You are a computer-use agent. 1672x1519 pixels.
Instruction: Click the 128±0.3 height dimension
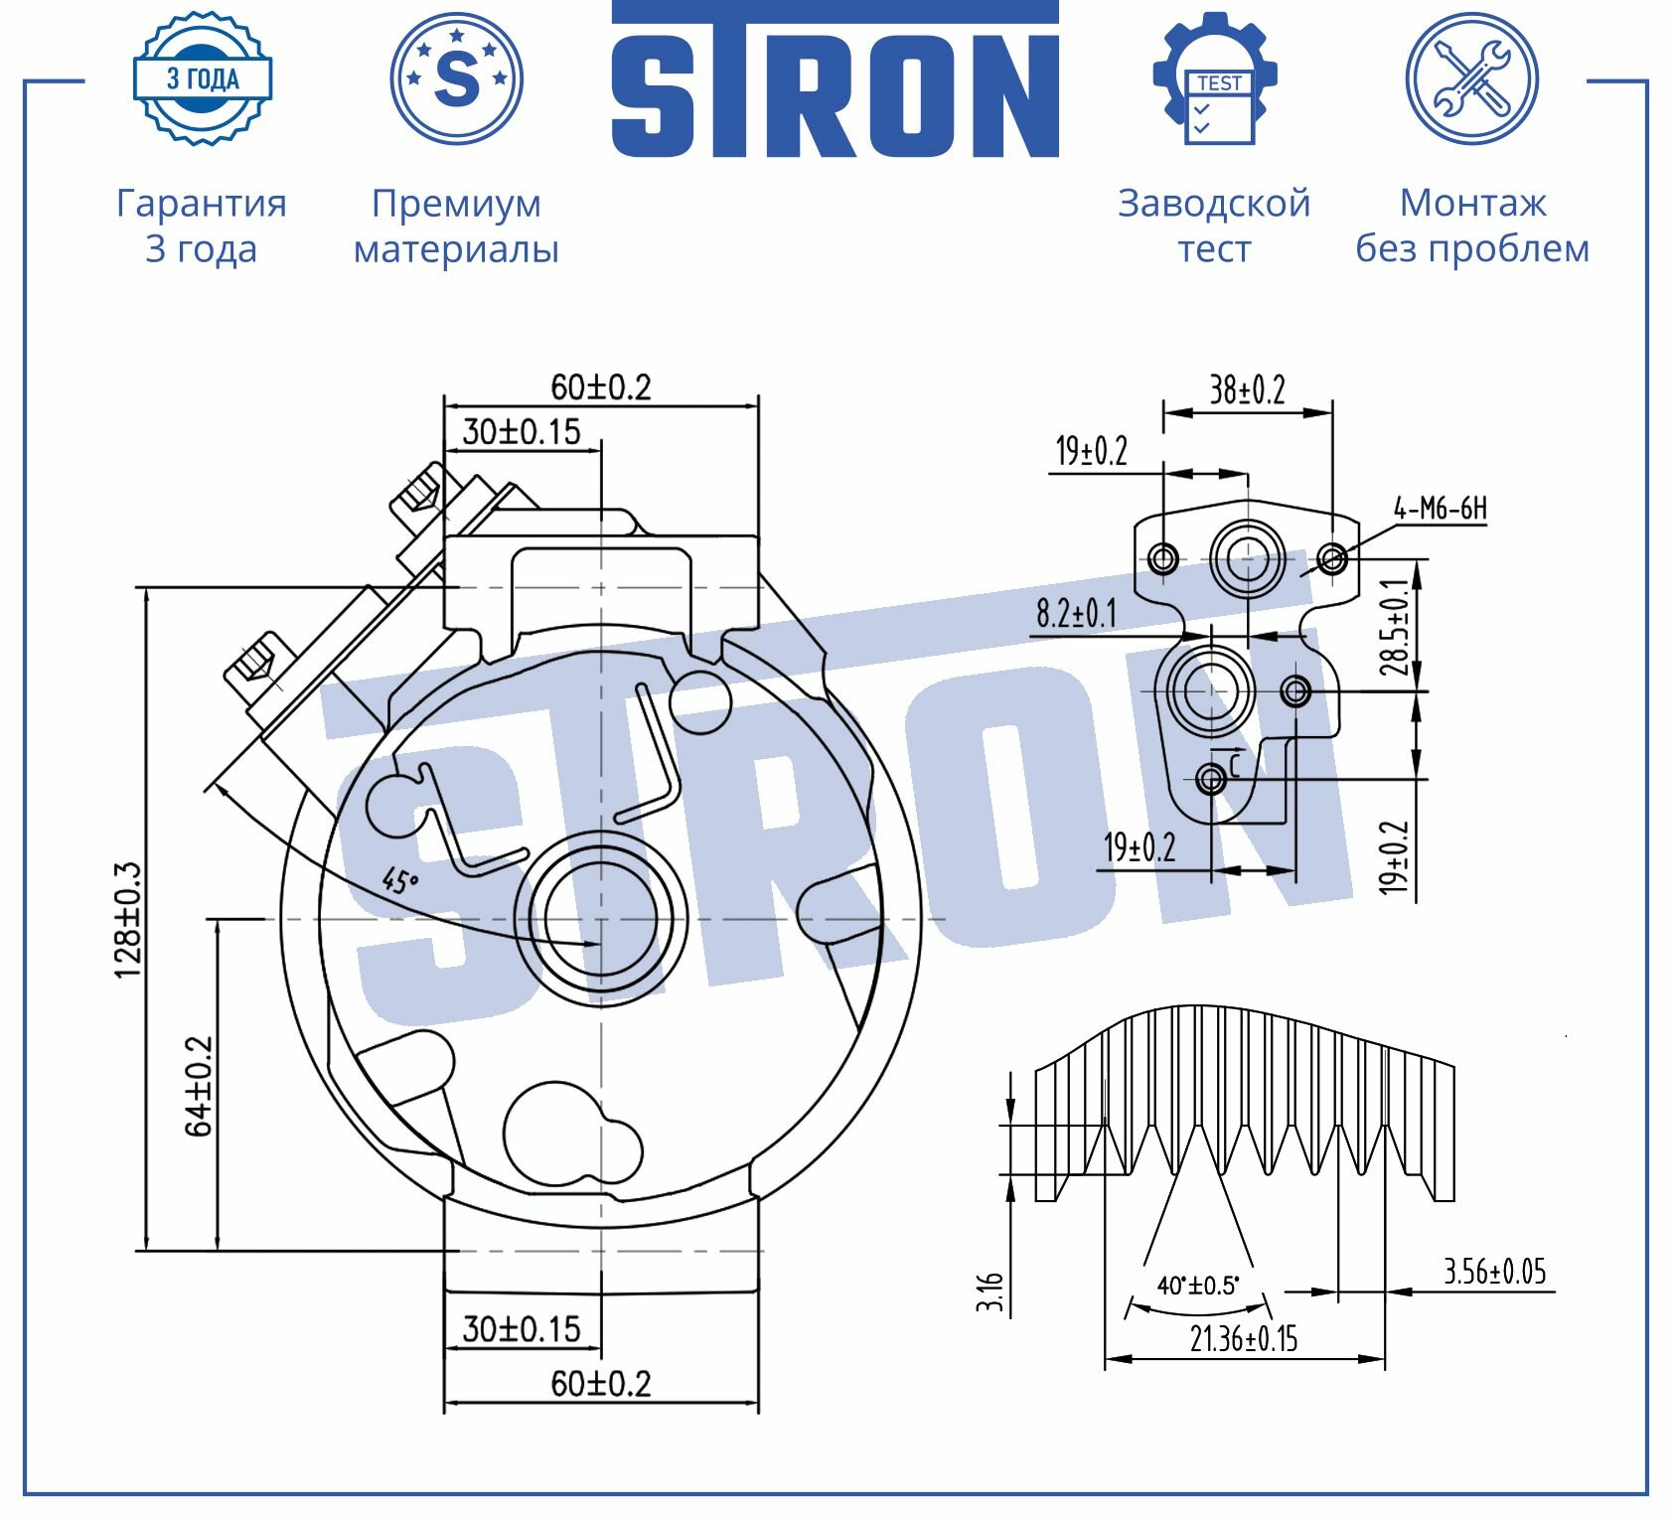click(129, 920)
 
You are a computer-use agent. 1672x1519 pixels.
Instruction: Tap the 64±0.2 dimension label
click(199, 1086)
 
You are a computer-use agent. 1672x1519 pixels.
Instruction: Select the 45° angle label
click(400, 879)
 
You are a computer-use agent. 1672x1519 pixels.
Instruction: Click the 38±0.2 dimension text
click(1247, 389)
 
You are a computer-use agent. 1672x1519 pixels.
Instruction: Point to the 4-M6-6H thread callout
click(1441, 509)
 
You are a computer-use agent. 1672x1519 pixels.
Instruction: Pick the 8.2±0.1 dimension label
click(1076, 613)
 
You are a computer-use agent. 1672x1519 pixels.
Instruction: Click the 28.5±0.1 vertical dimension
click(1395, 627)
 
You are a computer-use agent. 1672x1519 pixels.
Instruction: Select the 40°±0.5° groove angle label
click(1198, 1286)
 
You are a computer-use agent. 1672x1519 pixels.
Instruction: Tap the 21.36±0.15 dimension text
click(1244, 1339)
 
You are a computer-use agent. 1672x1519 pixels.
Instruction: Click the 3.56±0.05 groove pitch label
click(1495, 1271)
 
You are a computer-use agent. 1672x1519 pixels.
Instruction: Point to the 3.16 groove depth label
click(990, 1291)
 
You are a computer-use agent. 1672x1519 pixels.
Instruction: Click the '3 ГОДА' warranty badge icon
click(203, 78)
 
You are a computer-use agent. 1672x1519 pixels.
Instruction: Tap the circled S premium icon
click(457, 78)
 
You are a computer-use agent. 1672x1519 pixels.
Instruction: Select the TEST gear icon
click(1215, 78)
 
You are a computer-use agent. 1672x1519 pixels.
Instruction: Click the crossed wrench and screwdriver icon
click(1472, 78)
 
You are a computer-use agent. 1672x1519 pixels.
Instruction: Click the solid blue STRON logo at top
click(835, 78)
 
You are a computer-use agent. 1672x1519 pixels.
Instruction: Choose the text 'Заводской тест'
click(1214, 226)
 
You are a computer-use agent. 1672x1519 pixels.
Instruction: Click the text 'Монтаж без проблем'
click(1472, 226)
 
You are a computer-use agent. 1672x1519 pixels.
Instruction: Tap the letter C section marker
click(1235, 765)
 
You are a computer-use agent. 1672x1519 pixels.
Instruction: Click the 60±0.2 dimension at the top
click(601, 386)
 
